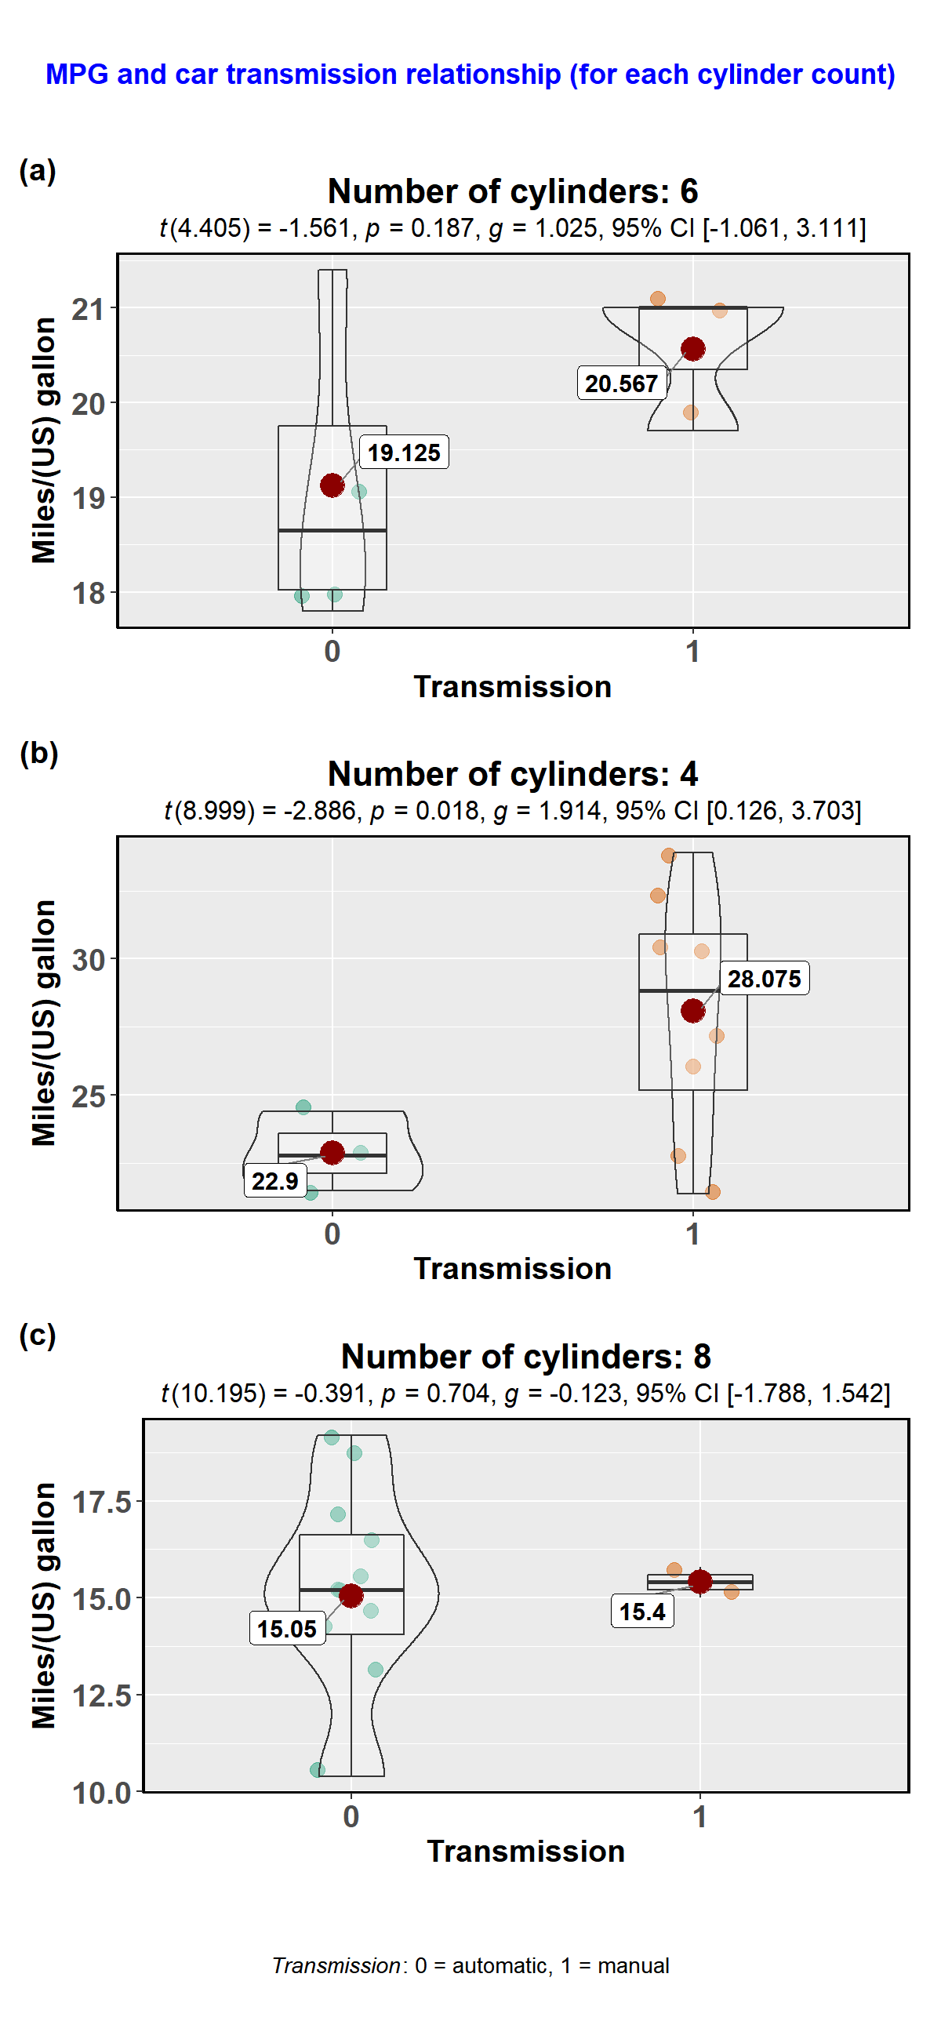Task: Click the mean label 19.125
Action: click(x=404, y=453)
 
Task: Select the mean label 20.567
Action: click(x=621, y=384)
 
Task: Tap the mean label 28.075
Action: click(x=764, y=980)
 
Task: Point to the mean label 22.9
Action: click(x=274, y=1181)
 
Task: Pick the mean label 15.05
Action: click(x=286, y=1628)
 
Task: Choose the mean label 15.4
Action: click(x=642, y=1612)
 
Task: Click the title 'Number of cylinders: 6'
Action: click(x=512, y=191)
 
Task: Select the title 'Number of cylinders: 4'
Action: click(x=512, y=774)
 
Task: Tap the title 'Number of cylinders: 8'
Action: click(x=525, y=1357)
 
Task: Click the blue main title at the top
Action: click(x=470, y=75)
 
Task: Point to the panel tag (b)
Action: click(x=38, y=753)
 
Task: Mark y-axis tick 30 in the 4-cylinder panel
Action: click(x=88, y=960)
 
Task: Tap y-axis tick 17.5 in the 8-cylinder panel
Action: click(x=101, y=1503)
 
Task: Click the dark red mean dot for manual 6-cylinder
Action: click(x=692, y=348)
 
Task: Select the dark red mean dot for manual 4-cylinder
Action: click(x=692, y=1011)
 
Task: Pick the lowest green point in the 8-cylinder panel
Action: click(x=318, y=1769)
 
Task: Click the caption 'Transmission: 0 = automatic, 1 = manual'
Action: click(x=470, y=1965)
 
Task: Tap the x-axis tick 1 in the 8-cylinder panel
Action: click(x=699, y=1815)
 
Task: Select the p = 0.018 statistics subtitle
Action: click(x=512, y=811)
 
